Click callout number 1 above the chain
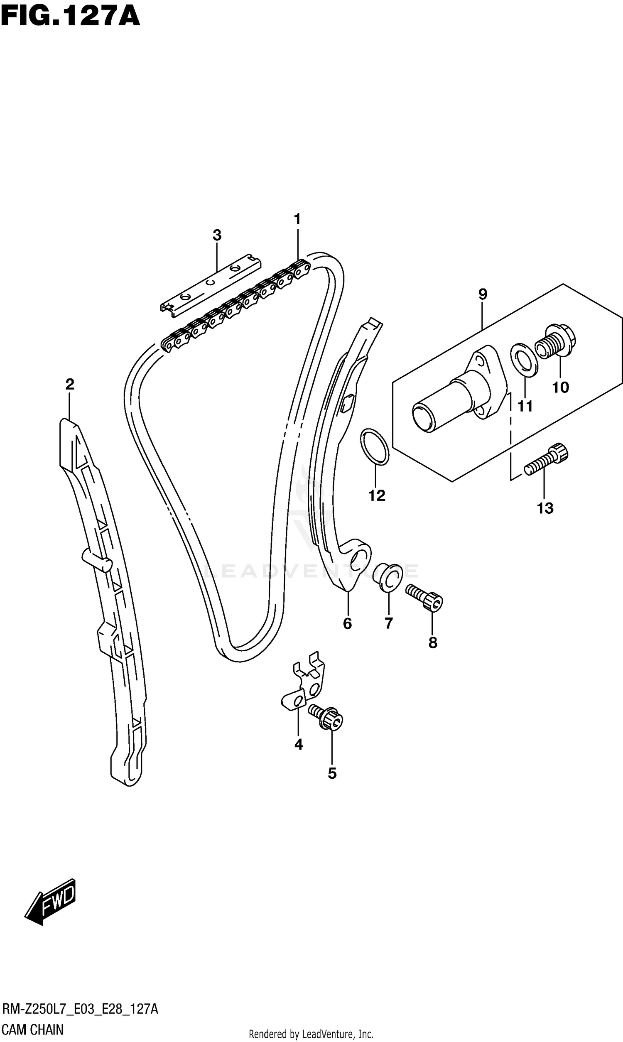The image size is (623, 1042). click(x=297, y=219)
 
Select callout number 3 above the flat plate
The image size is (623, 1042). click(x=217, y=235)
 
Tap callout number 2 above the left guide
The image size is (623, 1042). click(x=70, y=384)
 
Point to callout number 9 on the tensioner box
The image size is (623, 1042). click(x=482, y=294)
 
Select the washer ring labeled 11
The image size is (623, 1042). click(x=524, y=360)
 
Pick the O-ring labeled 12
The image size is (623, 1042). click(x=375, y=447)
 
